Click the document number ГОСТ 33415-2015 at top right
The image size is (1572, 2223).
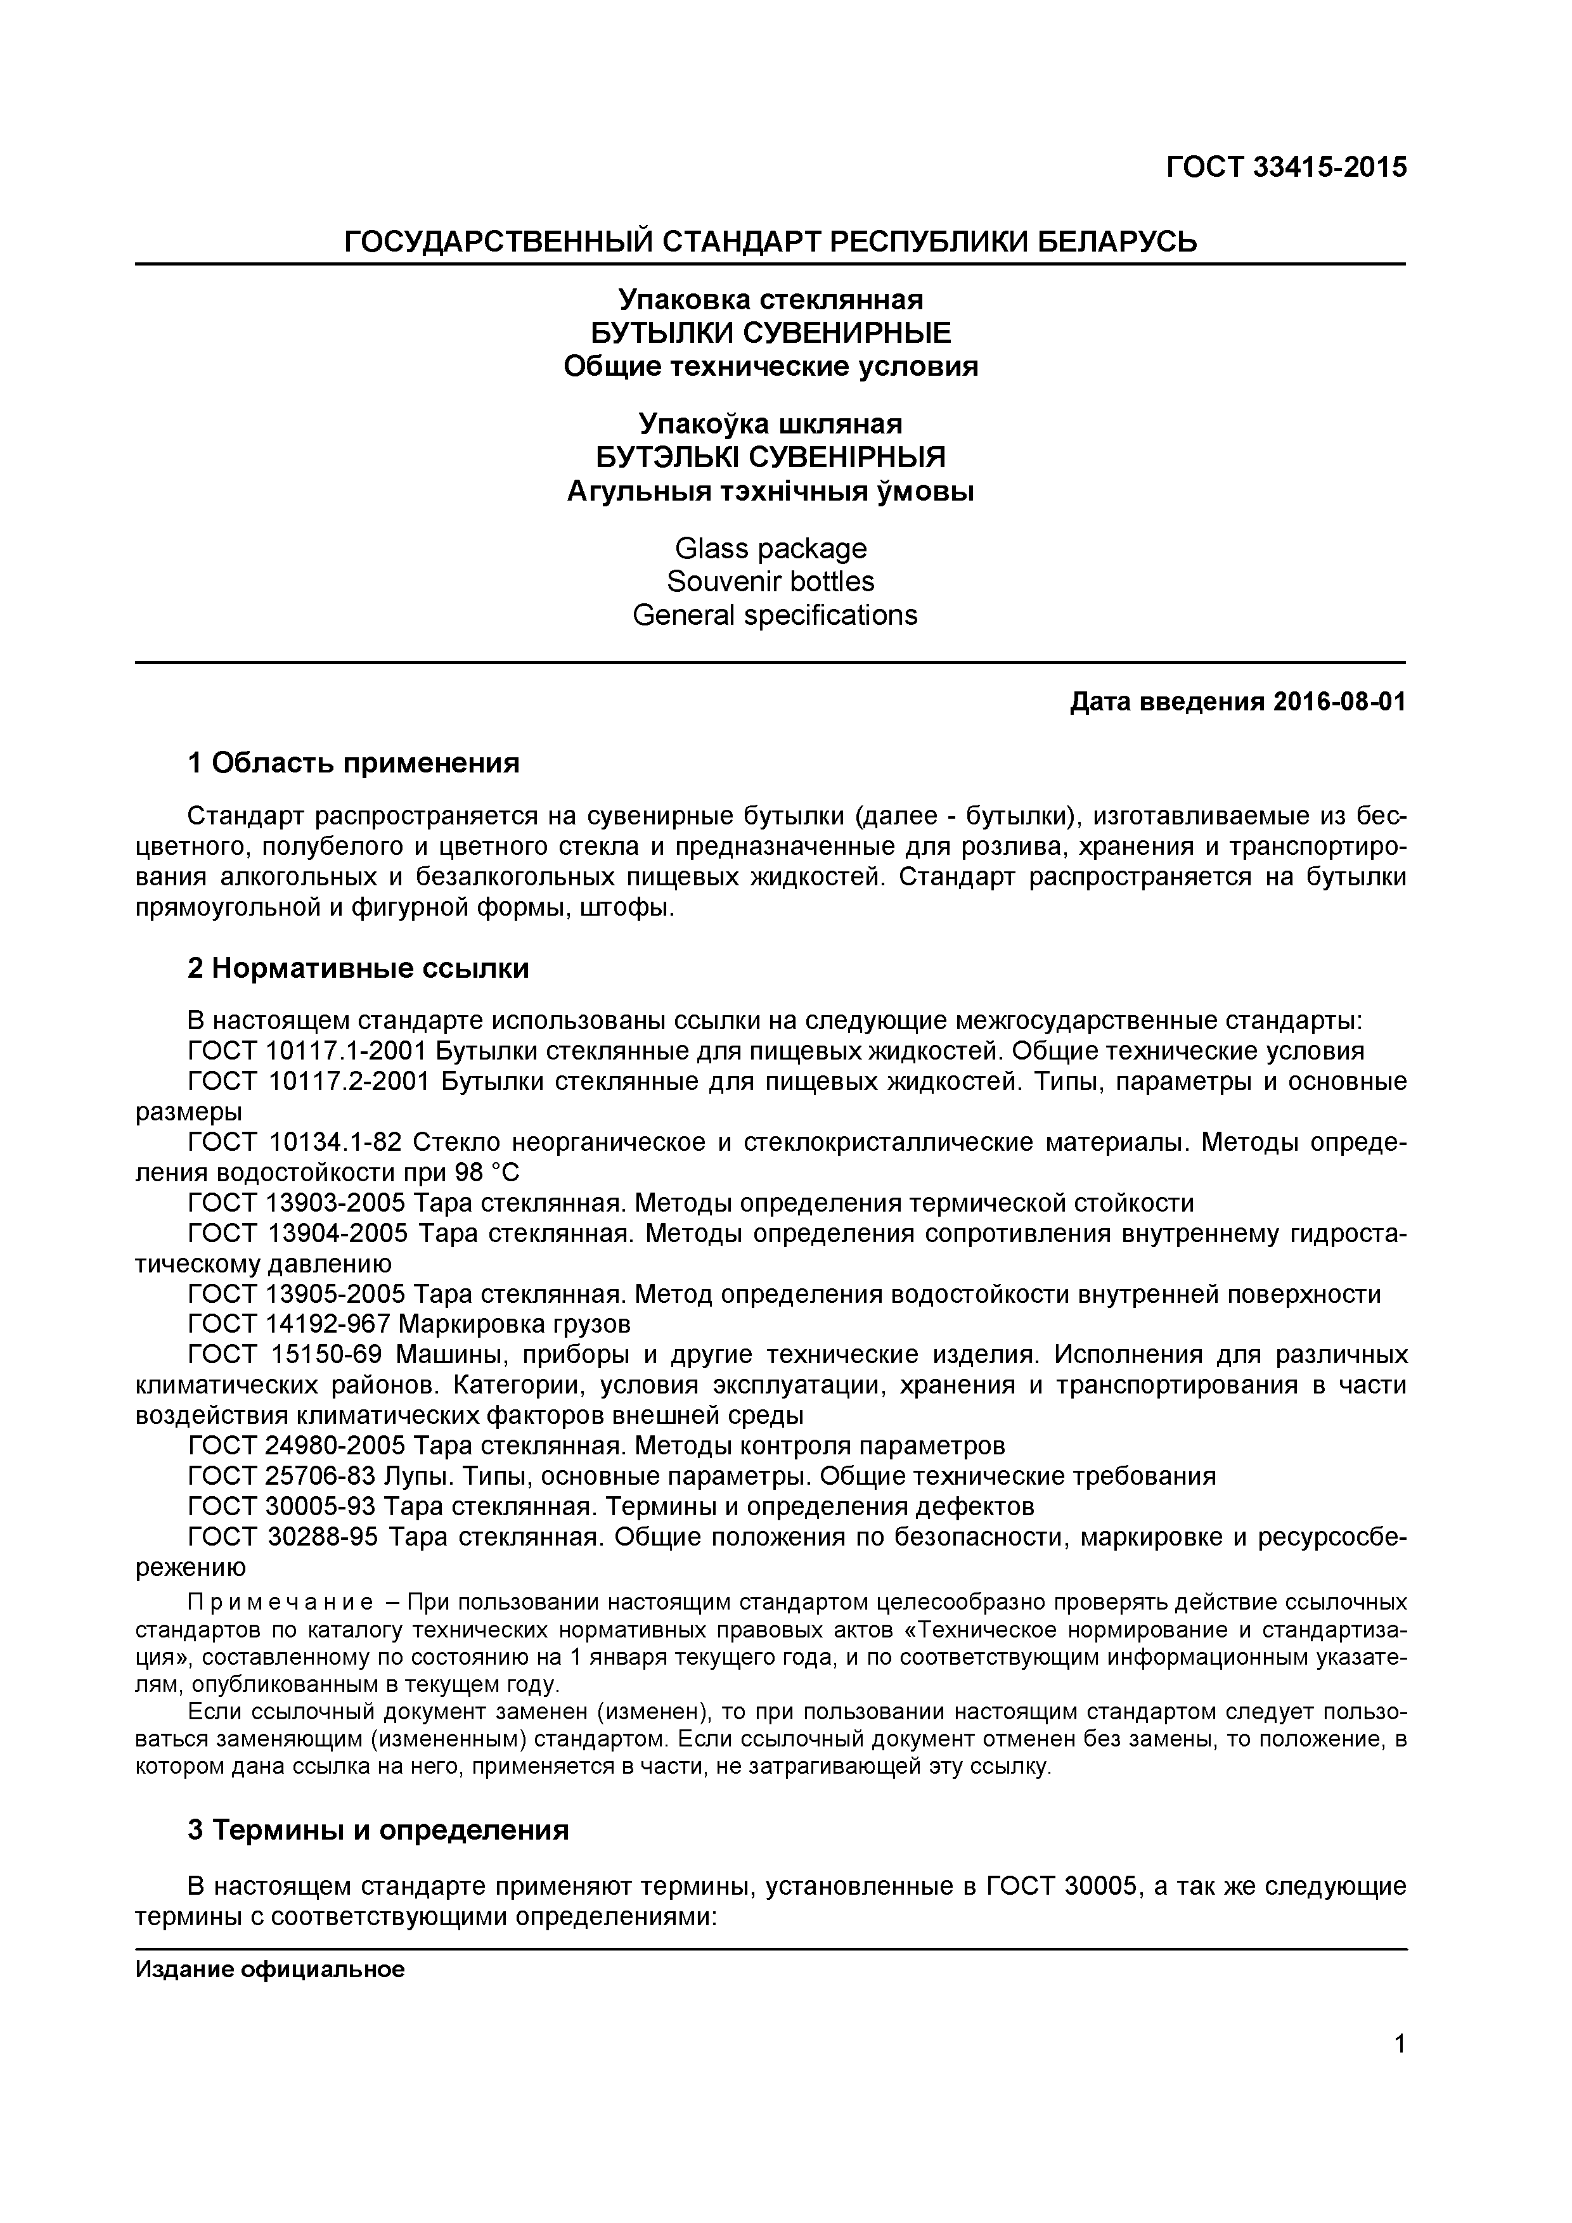(x=1285, y=167)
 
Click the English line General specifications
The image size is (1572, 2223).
(x=774, y=615)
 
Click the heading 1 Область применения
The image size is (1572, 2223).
(x=354, y=763)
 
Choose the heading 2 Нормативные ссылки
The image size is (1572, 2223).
(x=358, y=968)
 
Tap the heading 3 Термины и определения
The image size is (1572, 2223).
(x=378, y=1830)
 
